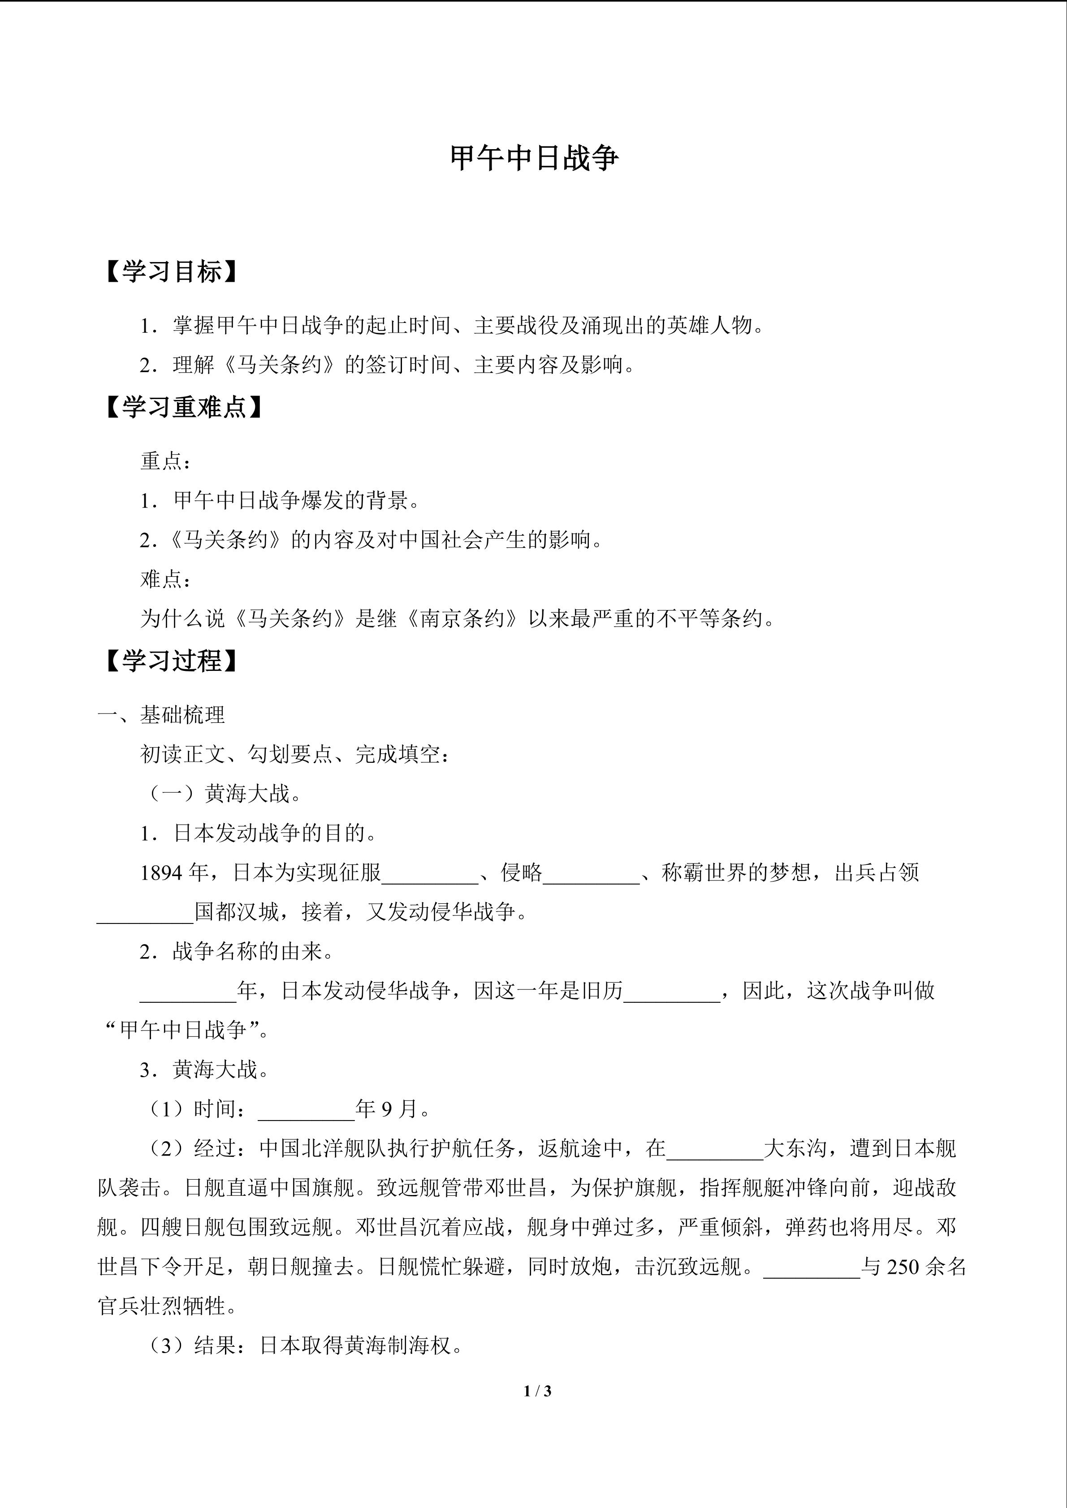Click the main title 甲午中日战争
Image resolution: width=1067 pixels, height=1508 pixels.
point(533,159)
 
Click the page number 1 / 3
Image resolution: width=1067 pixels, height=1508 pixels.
point(537,1391)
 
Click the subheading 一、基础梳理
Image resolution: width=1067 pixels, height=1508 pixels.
point(162,715)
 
